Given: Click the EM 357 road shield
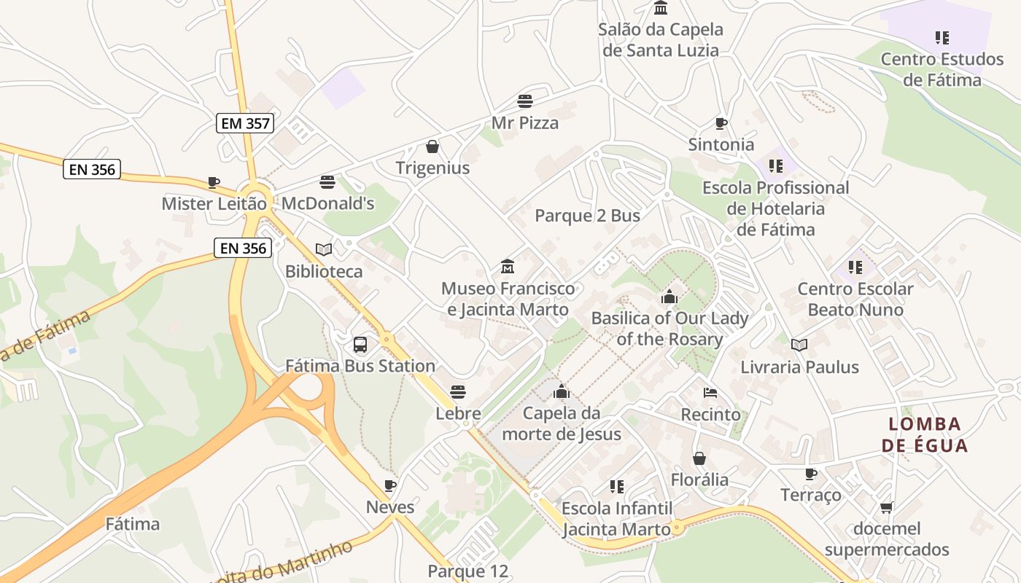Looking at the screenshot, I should [x=245, y=123].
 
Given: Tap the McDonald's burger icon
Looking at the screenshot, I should [x=327, y=181].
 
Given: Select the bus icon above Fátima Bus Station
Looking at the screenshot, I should [x=360, y=345].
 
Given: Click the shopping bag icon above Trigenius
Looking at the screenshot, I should [x=432, y=146].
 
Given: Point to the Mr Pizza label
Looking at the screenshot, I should [x=525, y=122].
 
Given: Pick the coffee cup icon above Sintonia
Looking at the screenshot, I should [x=721, y=123].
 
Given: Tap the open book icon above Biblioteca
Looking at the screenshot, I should [x=324, y=250].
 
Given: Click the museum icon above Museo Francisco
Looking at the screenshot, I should [x=508, y=267].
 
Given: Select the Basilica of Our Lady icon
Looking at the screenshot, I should [x=669, y=297].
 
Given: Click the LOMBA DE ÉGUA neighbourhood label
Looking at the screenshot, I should [x=925, y=434].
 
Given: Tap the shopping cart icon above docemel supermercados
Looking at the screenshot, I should [x=887, y=507].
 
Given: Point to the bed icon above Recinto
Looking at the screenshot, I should [x=710, y=393].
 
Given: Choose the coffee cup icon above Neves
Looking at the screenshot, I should [x=390, y=485].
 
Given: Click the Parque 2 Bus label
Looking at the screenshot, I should [x=587, y=216].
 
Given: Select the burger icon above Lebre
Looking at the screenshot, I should [x=458, y=392].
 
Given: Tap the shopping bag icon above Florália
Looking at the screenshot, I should [x=699, y=458].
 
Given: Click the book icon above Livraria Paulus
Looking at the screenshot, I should [x=799, y=345].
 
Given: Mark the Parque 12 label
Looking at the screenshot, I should [x=467, y=571].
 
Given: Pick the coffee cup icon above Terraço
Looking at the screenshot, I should [x=810, y=474].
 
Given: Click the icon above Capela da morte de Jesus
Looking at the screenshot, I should [x=562, y=392].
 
